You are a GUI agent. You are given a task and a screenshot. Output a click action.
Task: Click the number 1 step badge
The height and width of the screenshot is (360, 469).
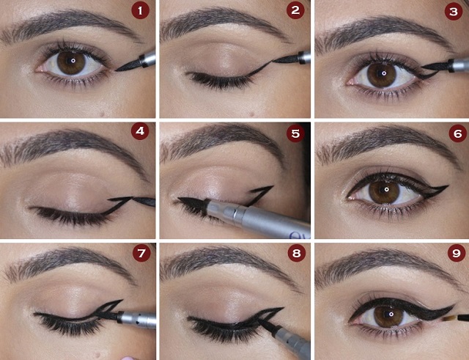tap(141, 10)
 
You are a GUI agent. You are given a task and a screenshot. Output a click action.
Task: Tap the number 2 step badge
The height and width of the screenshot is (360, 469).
tap(296, 10)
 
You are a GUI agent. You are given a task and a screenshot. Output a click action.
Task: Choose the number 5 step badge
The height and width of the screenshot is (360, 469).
tap(296, 133)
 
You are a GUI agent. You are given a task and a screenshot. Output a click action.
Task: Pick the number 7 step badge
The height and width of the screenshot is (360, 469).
tap(141, 254)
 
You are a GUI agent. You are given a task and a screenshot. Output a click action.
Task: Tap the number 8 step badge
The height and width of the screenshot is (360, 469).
tap(296, 254)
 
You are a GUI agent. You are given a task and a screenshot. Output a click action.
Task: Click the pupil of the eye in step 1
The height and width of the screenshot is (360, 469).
tap(71, 62)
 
